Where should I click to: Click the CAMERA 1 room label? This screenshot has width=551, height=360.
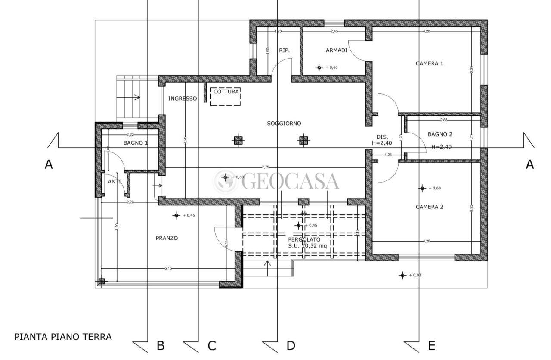pos(429,63)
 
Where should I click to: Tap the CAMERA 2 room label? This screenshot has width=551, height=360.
pos(429,207)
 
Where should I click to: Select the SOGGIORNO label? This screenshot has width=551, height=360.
pos(284,124)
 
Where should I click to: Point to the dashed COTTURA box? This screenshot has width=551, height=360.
pos(226,97)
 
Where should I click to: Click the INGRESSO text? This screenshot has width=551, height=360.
pos(182,99)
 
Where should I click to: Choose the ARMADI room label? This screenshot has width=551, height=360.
pos(336,50)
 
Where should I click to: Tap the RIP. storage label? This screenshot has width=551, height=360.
pos(284,50)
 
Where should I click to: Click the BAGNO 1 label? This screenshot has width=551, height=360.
pos(136,143)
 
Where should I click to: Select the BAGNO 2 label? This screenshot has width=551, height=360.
pos(440,134)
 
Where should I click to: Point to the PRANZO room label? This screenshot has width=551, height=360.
pos(167,238)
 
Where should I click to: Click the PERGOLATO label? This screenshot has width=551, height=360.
pos(304,239)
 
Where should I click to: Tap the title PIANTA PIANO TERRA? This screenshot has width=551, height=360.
pos(63,337)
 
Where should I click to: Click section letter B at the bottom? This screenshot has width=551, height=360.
pos(160,345)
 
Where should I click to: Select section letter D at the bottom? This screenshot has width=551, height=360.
pos(291,345)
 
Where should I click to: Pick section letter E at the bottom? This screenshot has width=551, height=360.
pos(432,345)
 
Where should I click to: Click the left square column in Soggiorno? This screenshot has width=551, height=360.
pos(238,140)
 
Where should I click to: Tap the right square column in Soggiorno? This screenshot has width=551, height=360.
pos(304,140)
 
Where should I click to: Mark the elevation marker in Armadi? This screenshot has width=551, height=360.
pos(319,68)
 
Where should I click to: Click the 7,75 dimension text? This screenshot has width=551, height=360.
pos(265,167)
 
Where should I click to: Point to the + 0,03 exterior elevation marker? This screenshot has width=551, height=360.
pos(402,275)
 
